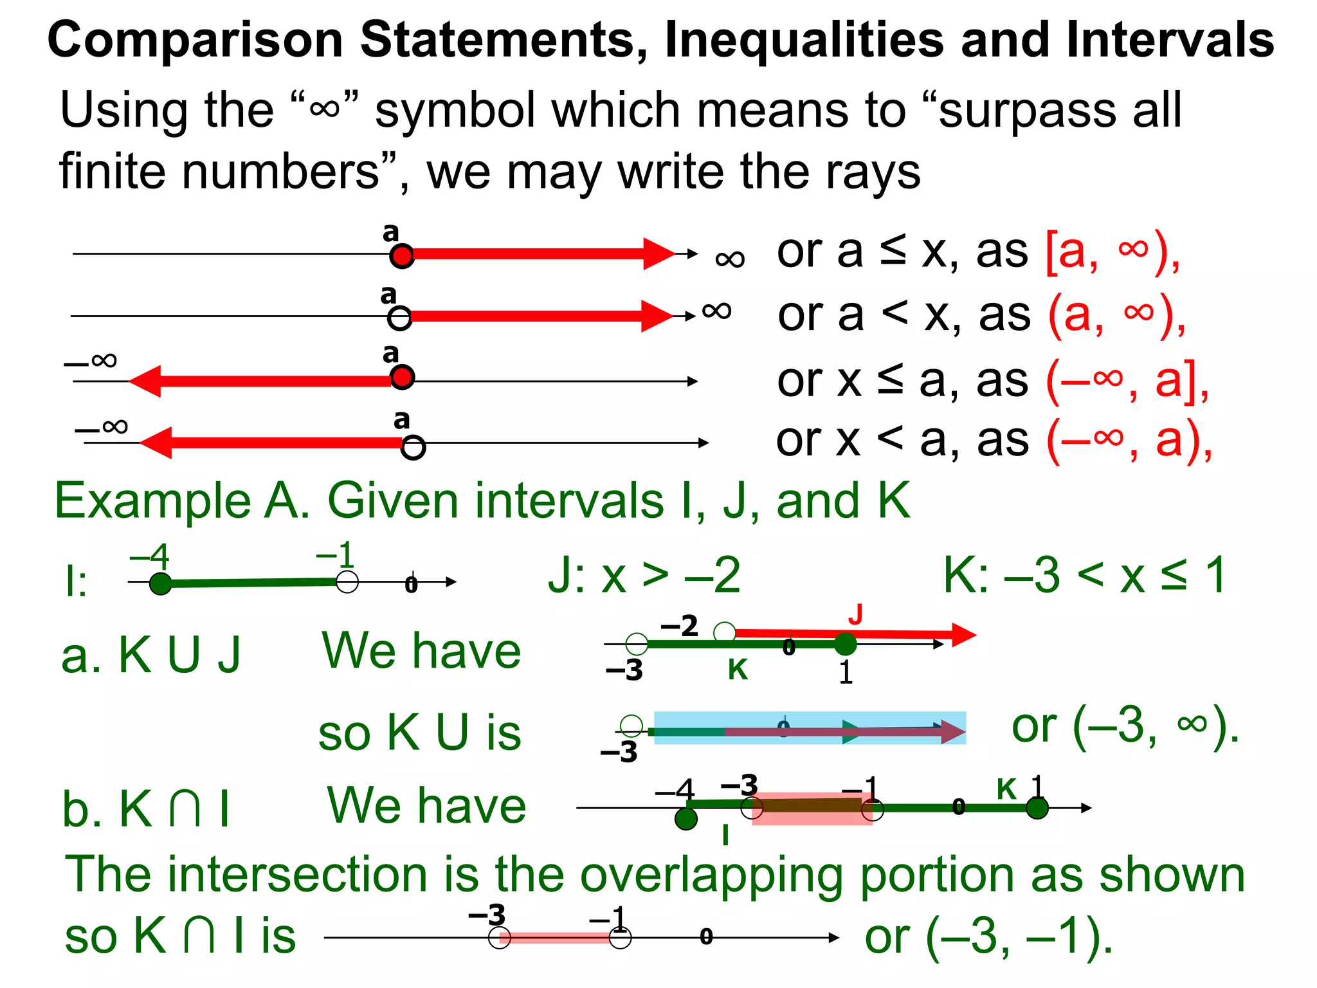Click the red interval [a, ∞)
(1113, 252)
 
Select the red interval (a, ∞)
(1116, 315)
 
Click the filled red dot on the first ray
(402, 256)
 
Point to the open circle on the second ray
(399, 318)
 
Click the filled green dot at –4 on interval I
(160, 583)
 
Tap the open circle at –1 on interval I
(347, 581)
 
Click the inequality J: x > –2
(644, 575)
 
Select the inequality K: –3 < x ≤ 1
(1084, 575)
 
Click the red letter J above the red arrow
(855, 614)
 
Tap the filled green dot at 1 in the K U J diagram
(845, 643)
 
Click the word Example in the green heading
(152, 500)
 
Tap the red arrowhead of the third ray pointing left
(145, 381)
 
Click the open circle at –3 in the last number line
(500, 937)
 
